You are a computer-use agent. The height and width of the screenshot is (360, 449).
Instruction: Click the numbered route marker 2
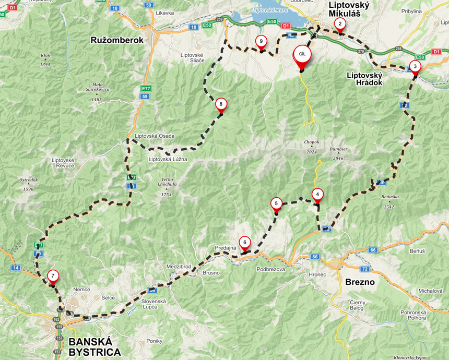340,23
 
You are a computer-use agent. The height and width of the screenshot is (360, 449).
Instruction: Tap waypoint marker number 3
415,66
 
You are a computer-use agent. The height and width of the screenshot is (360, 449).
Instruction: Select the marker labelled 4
317,194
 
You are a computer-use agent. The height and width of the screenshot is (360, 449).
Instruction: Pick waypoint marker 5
276,203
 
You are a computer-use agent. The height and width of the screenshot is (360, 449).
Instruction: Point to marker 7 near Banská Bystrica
53,276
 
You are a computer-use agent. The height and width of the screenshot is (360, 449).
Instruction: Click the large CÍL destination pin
302,55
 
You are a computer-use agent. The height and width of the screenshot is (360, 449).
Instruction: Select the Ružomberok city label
117,40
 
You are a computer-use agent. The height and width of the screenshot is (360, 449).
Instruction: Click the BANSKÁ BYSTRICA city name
94,346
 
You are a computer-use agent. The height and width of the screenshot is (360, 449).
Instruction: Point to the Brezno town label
360,282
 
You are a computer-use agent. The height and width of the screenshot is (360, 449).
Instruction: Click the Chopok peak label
311,142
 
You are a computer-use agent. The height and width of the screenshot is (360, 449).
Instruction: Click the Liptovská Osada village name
155,136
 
